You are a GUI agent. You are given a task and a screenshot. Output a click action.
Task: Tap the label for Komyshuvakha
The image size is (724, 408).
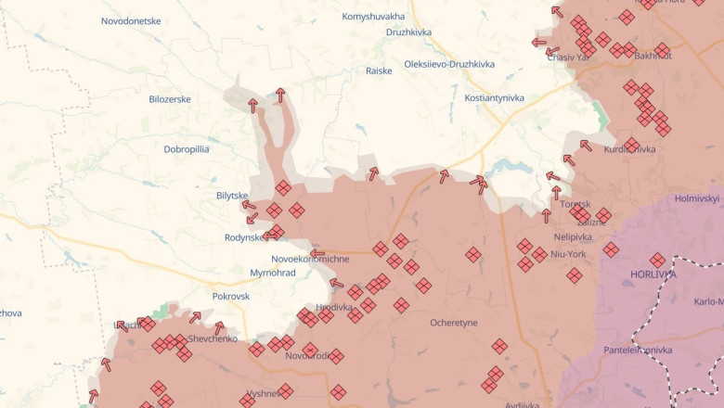coord(373,17)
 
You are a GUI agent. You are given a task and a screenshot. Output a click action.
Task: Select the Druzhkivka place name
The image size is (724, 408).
coord(409,32)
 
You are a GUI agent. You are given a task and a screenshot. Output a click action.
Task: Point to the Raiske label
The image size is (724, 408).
coord(379,70)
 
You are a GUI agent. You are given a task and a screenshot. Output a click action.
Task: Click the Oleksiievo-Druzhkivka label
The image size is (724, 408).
coord(449,64)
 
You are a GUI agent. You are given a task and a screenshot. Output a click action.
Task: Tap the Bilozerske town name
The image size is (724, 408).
coord(170,98)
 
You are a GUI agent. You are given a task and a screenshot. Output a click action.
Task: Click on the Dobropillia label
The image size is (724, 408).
coord(187,148)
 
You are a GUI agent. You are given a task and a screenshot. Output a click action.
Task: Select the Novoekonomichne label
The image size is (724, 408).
coord(310,258)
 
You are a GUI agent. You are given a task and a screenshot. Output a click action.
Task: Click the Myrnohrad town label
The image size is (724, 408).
coord(273,273)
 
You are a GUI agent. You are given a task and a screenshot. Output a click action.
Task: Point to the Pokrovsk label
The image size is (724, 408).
coord(231,296)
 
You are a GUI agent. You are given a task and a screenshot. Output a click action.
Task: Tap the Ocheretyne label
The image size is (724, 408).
coord(454,323)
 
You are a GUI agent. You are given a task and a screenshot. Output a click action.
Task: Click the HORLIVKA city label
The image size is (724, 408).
coord(653,274)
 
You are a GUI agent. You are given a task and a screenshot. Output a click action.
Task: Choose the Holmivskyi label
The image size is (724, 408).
coord(697,198)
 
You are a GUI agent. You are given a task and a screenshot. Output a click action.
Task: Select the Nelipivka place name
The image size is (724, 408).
coord(573,237)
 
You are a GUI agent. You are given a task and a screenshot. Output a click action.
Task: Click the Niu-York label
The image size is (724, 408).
coord(568,253)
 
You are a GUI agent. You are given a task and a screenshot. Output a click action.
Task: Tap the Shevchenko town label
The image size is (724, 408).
coord(213,338)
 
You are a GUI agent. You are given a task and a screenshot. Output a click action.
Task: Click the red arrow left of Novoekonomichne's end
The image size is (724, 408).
coord(317,253)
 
